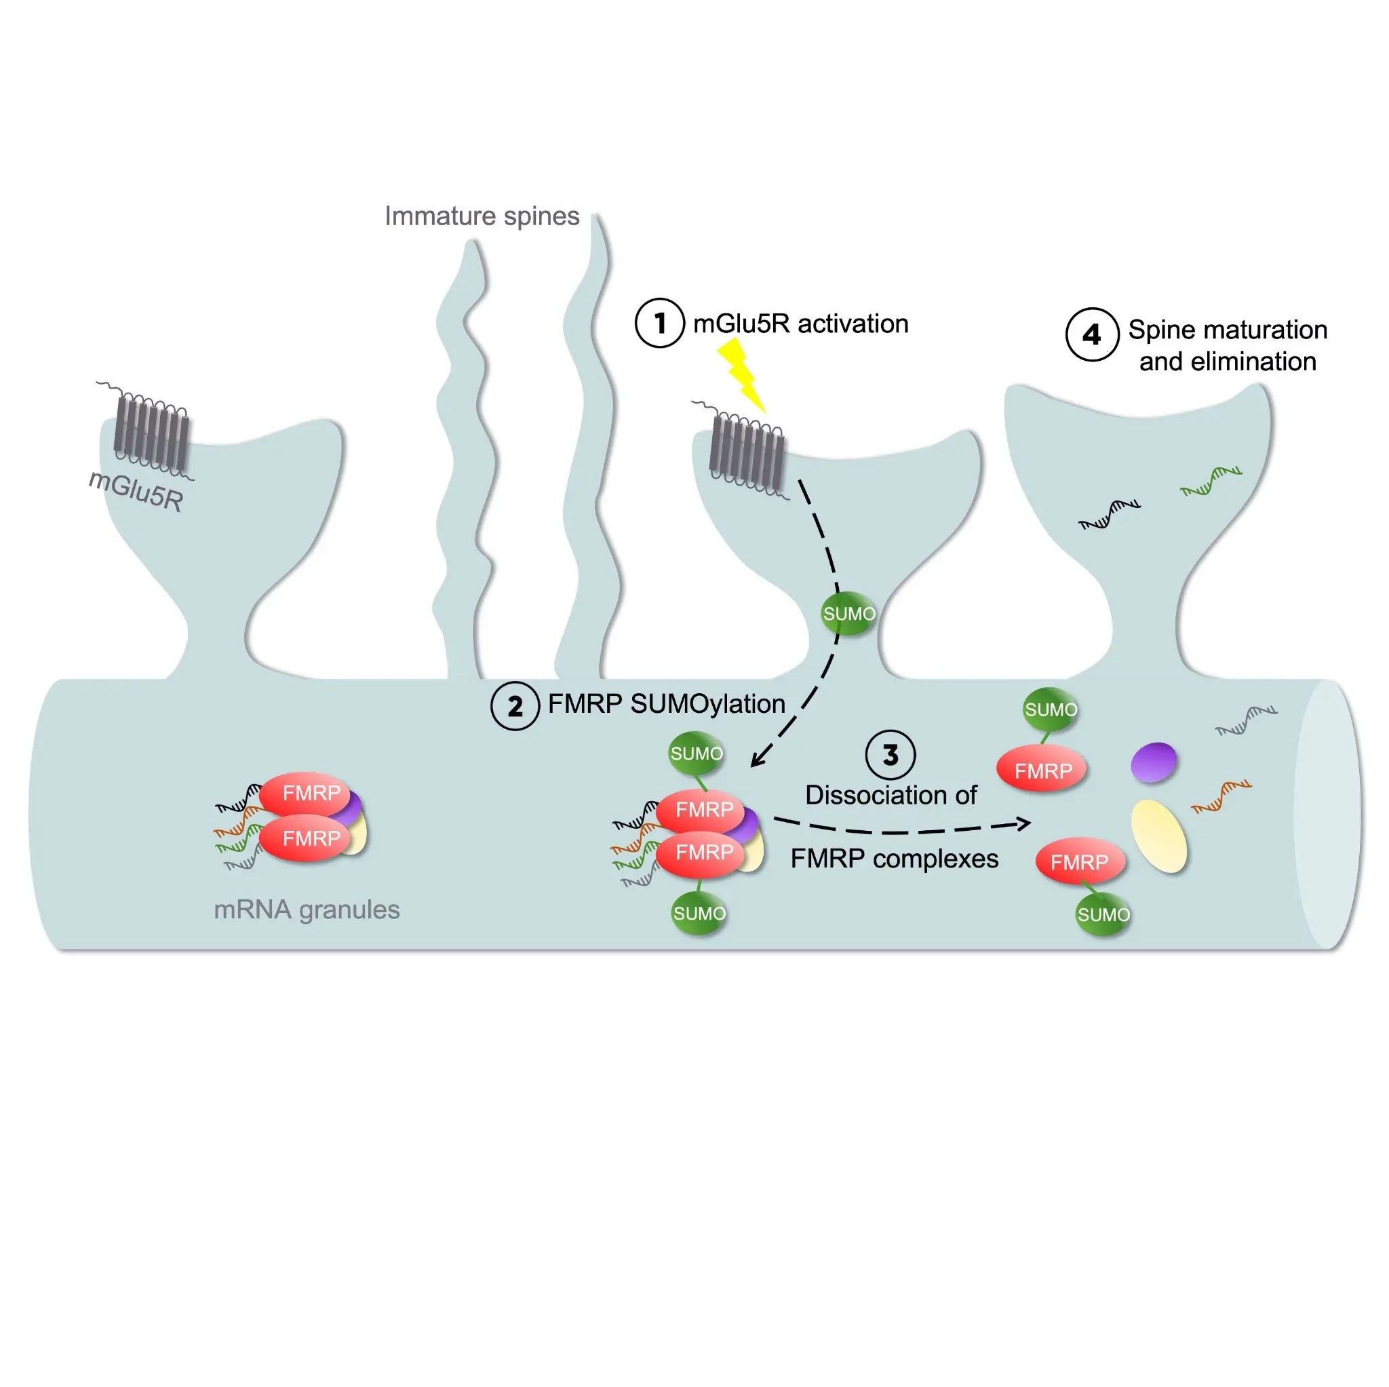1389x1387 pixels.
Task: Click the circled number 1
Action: click(x=659, y=323)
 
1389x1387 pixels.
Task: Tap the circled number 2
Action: click(x=515, y=705)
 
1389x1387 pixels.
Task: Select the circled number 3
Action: click(x=890, y=754)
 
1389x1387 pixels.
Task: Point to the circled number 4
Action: click(x=1091, y=334)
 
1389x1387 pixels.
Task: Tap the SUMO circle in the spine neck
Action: click(x=848, y=613)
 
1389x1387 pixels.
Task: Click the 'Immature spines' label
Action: click(x=482, y=216)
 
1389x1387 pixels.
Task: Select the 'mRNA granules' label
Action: click(x=307, y=910)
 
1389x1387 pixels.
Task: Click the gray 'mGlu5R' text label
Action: click(x=136, y=491)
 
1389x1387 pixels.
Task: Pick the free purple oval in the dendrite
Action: click(x=1153, y=762)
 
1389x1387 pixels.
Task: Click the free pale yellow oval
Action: click(x=1158, y=836)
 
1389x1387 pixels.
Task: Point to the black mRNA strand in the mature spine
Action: click(x=1110, y=514)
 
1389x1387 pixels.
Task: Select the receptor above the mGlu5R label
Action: click(x=152, y=431)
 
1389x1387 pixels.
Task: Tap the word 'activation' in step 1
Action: click(x=853, y=324)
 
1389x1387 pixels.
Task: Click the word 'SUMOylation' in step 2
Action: click(x=707, y=704)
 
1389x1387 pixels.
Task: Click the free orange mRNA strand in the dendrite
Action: click(x=1221, y=796)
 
